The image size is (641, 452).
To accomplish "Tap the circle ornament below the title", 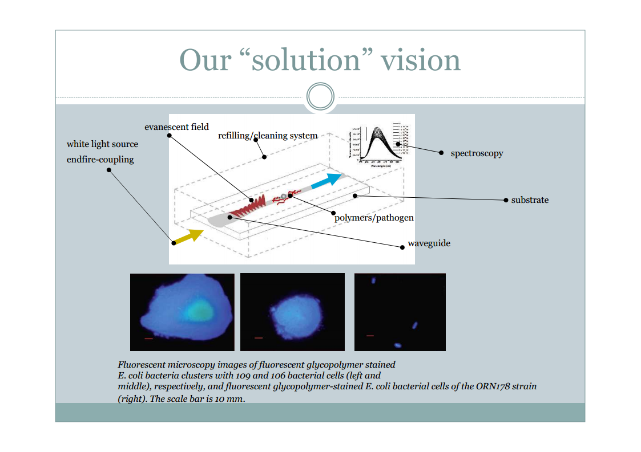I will tap(320, 96).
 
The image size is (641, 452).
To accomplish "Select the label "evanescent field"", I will tap(176, 127).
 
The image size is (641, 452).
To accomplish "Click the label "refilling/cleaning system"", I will tap(268, 136).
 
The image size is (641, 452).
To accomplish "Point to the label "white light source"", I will tap(102, 144).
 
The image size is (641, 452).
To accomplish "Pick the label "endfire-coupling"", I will tap(100, 160).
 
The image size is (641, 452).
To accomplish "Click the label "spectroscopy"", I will tap(477, 153).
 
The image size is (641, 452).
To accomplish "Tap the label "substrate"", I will tap(530, 200).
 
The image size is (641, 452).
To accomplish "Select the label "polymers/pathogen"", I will tap(374, 218).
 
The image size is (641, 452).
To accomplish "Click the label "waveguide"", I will tap(429, 243).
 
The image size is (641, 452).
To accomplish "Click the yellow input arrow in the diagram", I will tap(189, 236).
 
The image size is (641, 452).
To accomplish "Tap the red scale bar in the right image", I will tap(370, 336).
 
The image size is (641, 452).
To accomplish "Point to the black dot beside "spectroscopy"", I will tap(441, 153).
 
